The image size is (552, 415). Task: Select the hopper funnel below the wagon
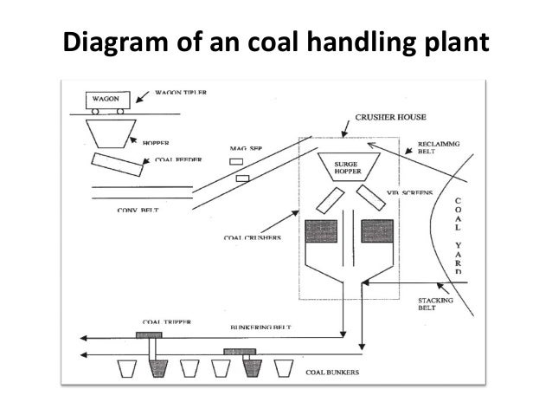pyautogui.click(x=112, y=133)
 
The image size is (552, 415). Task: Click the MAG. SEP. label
pyautogui.click(x=246, y=149)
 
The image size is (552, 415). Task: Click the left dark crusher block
pyautogui.click(x=324, y=231)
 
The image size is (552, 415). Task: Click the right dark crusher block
pyautogui.click(x=378, y=231)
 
